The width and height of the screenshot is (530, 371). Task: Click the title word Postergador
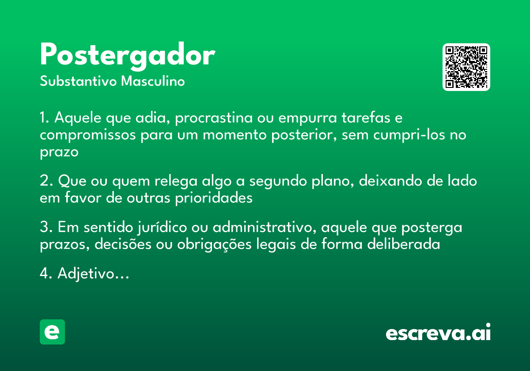tap(127, 56)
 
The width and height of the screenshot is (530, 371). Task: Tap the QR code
tap(466, 67)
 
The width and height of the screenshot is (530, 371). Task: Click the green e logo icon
tap(52, 332)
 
